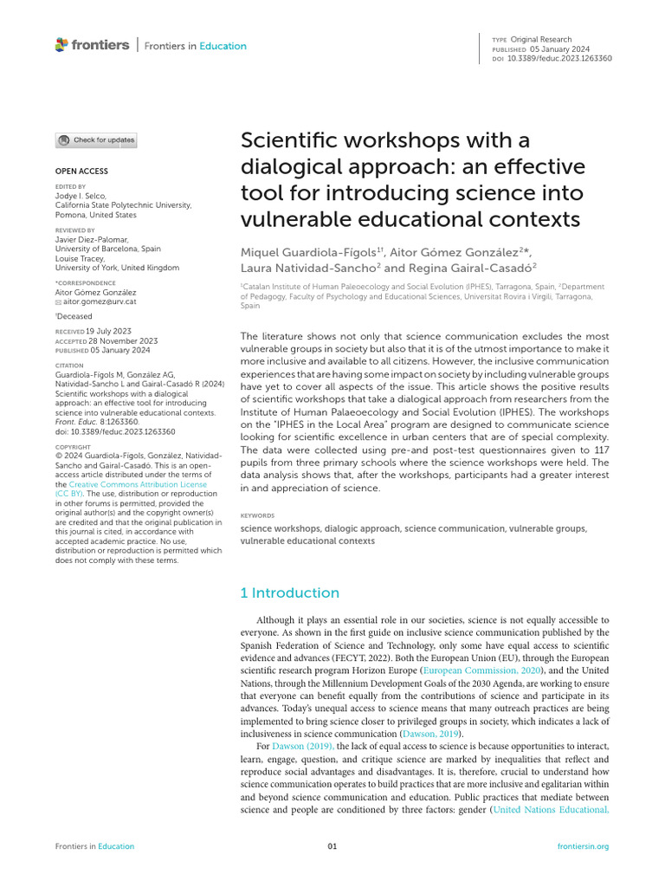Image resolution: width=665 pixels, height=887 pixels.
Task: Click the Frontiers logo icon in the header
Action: (x=61, y=45)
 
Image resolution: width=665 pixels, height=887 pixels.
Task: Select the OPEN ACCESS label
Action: (x=82, y=172)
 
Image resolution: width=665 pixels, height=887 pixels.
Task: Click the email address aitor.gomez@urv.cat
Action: (x=100, y=302)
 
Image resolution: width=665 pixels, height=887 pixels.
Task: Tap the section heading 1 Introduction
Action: (x=289, y=592)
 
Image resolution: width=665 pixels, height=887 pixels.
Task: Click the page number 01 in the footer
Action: (x=332, y=846)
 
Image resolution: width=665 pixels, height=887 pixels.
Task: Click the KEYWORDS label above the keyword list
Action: (x=257, y=515)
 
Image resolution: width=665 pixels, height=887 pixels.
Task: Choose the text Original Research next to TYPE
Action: (x=540, y=40)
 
